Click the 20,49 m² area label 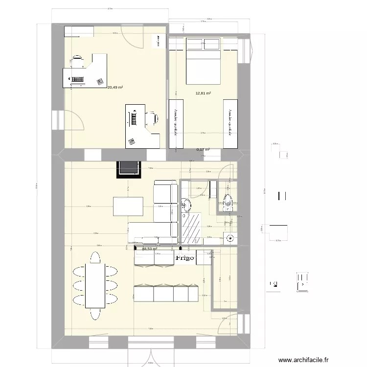coord(115,87)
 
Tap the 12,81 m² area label coord(203,93)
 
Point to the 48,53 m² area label coord(149,249)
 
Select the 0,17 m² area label coord(203,150)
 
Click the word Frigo coord(185,257)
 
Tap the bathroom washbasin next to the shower coord(185,205)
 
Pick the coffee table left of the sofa coord(128,206)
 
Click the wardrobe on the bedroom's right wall coord(230,124)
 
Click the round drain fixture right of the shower coord(230,239)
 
